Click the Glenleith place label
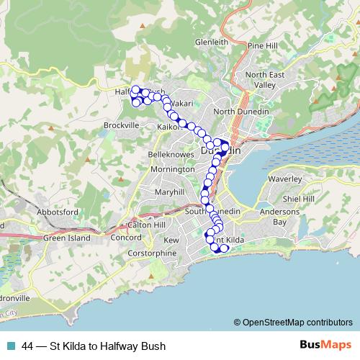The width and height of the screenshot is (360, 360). (211, 42)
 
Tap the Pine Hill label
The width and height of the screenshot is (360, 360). (263, 45)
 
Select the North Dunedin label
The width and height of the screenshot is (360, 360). (240, 112)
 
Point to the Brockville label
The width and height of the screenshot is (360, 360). (120, 125)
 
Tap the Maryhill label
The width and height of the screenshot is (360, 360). (170, 193)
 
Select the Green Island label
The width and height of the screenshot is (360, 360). (67, 238)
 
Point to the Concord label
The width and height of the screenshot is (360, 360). (126, 238)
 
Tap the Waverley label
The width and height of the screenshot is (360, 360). (283, 178)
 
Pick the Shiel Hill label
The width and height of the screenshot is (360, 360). (300, 199)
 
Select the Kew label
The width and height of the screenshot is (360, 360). (171, 240)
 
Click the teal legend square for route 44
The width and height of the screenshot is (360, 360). (13, 346)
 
